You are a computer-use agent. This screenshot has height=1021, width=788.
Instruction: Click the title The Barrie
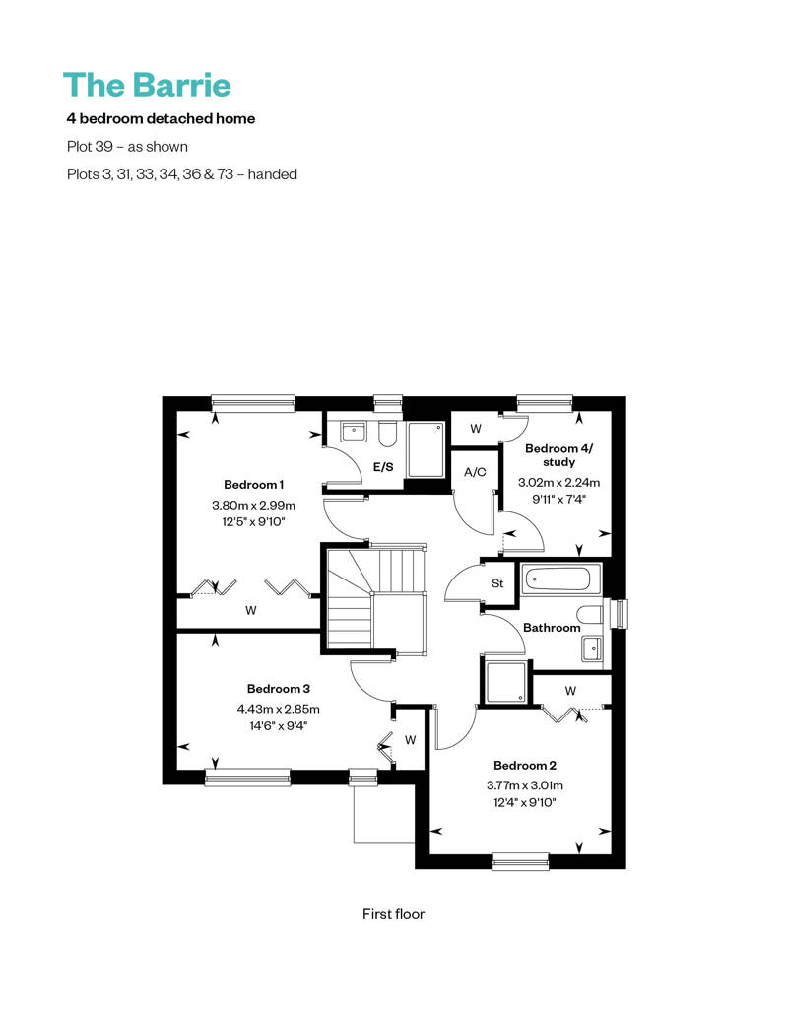(x=147, y=85)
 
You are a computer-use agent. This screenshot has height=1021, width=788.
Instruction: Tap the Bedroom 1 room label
(x=254, y=485)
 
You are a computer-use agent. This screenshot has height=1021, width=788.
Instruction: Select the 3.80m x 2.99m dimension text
(x=254, y=505)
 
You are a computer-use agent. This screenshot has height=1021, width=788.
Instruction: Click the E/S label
(x=383, y=467)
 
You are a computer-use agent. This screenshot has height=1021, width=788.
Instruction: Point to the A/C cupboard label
(x=475, y=472)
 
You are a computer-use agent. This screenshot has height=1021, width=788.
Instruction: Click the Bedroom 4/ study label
(x=558, y=455)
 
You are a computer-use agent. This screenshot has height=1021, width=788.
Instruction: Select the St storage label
(x=497, y=583)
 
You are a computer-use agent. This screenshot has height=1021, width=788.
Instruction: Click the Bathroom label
(x=552, y=628)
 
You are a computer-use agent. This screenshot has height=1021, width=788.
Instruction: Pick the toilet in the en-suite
(x=388, y=435)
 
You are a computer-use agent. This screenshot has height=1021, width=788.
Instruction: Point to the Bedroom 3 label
(x=279, y=689)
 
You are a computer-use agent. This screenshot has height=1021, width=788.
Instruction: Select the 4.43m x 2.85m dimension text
(x=279, y=710)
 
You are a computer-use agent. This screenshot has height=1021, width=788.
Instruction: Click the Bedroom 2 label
(x=525, y=766)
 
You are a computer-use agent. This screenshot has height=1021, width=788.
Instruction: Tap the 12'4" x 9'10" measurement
(x=525, y=803)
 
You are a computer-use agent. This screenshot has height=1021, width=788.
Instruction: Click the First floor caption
(x=394, y=914)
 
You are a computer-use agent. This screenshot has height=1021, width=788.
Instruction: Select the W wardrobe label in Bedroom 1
(x=251, y=611)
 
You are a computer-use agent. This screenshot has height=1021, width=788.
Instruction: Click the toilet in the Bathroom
(x=591, y=615)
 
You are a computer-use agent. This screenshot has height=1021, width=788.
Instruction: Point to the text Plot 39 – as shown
(x=127, y=147)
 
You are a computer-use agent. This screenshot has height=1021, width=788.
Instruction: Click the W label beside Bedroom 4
(x=476, y=429)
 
